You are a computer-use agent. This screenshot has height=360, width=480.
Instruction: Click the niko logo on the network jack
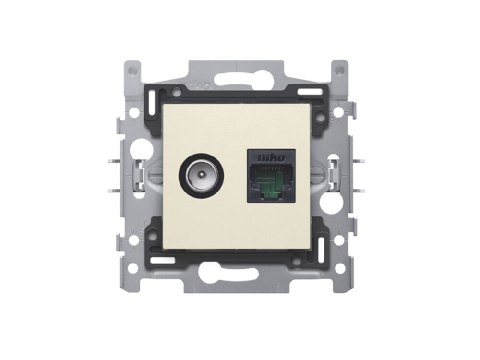tap(271, 157)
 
